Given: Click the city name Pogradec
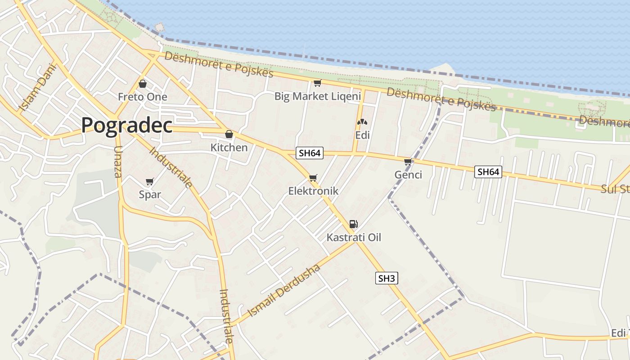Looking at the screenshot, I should click(x=126, y=125).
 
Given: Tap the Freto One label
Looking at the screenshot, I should click(x=142, y=97).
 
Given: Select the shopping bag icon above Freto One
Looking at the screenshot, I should click(x=143, y=84).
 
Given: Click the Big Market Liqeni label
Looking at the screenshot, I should click(x=318, y=96).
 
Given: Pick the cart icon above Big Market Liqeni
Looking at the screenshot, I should click(x=317, y=83).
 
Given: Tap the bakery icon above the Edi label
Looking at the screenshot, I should click(x=362, y=122).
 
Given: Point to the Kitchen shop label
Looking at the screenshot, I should click(x=229, y=147).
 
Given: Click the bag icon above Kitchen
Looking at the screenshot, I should click(x=229, y=134).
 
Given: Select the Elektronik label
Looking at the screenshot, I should click(x=313, y=191).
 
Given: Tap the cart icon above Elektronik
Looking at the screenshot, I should click(x=313, y=178).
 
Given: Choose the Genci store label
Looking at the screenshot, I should click(x=408, y=175).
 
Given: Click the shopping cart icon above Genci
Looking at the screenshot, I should click(x=408, y=162).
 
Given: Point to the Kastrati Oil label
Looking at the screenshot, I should click(x=354, y=237).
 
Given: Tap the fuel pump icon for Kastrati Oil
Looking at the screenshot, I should click(x=354, y=224).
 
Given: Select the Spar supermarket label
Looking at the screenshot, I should click(x=150, y=194).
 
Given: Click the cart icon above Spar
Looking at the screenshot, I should click(x=150, y=182).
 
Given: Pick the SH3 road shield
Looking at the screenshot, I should click(x=387, y=279).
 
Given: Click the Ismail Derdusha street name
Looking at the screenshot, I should click(x=284, y=291).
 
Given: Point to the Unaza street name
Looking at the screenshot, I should click(x=118, y=162).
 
